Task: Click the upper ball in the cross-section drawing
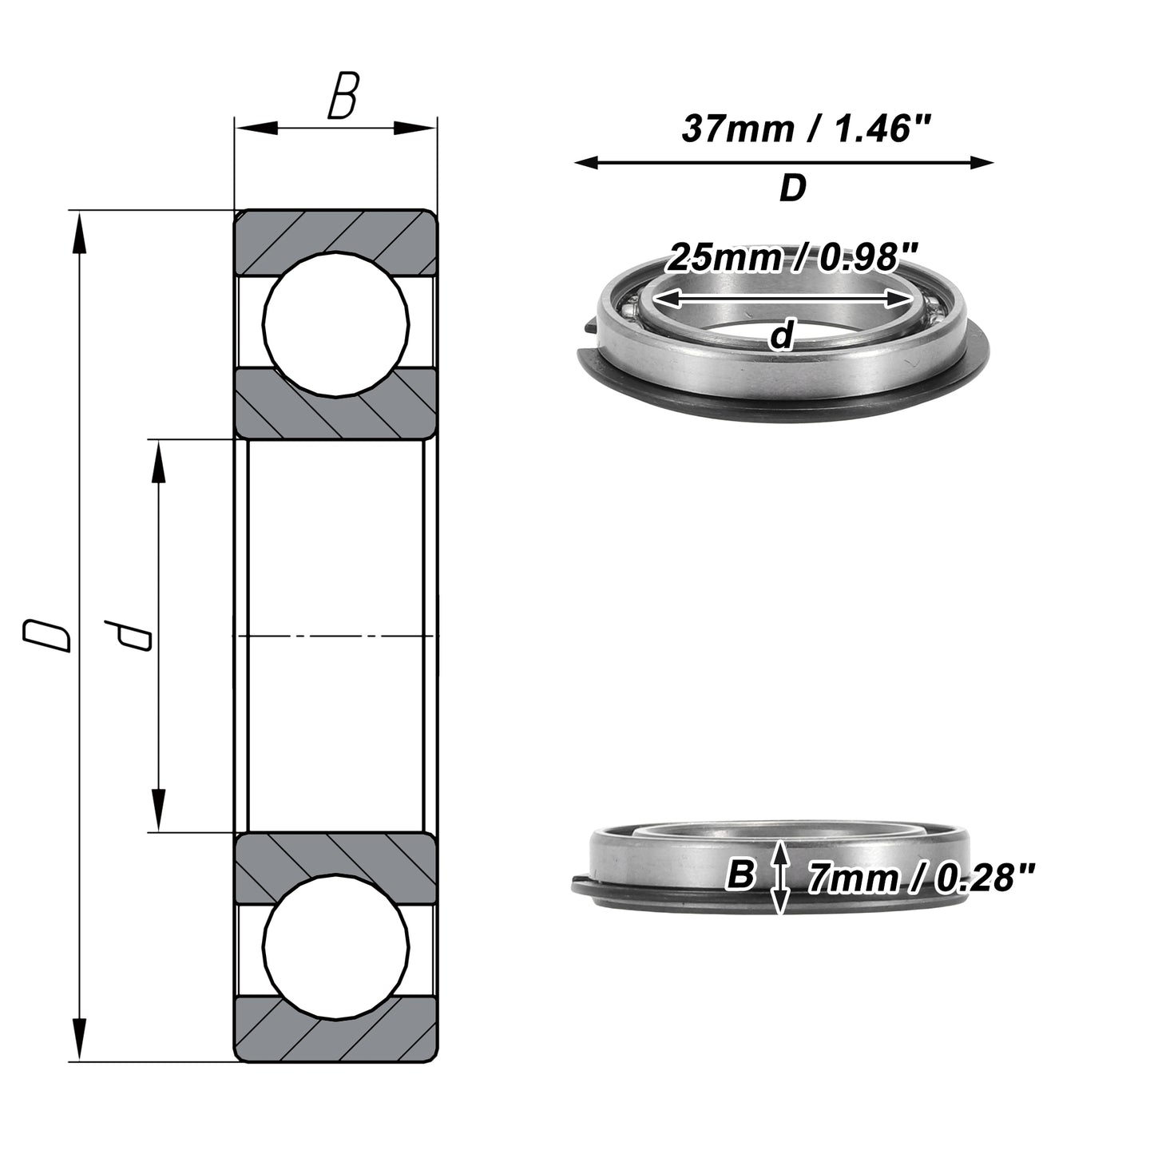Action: click(x=336, y=324)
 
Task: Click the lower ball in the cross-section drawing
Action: click(x=336, y=947)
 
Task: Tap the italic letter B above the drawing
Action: click(x=343, y=95)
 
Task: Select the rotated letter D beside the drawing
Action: click(x=46, y=636)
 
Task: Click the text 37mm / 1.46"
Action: click(x=807, y=129)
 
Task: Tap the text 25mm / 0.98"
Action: click(x=792, y=257)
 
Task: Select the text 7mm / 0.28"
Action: click(x=921, y=878)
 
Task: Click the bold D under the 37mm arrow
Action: click(x=792, y=188)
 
